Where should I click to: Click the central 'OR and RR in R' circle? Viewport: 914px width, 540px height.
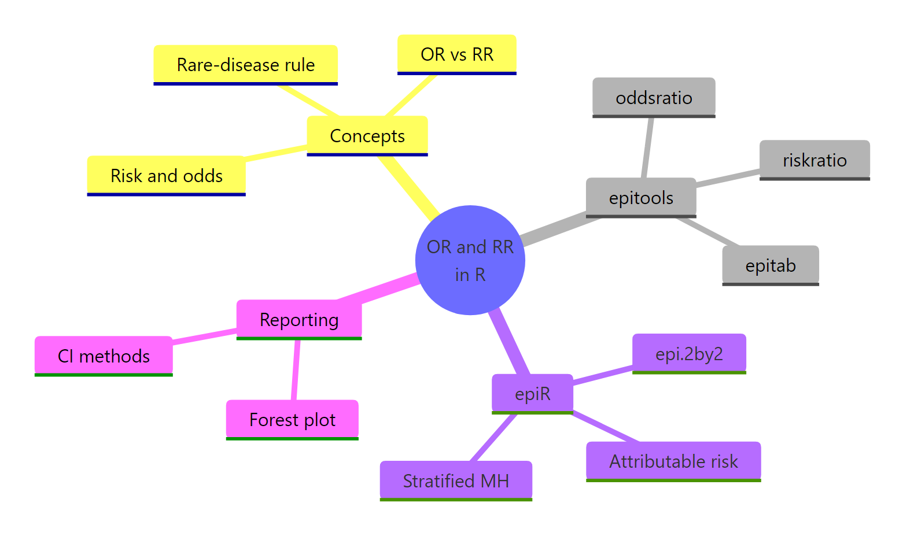click(x=470, y=260)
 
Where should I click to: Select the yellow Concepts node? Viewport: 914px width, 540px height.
click(x=367, y=136)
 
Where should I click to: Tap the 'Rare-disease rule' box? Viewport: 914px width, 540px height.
click(x=245, y=65)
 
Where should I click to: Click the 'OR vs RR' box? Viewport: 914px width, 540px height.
click(x=456, y=54)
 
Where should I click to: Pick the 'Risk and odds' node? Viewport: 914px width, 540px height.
click(x=166, y=176)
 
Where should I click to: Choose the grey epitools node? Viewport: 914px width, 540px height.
click(x=640, y=198)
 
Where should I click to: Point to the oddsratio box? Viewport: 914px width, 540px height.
click(x=654, y=98)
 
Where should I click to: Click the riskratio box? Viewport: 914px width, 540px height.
click(x=814, y=160)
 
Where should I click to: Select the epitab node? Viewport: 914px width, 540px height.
click(x=770, y=265)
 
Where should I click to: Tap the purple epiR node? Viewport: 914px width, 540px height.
click(x=532, y=394)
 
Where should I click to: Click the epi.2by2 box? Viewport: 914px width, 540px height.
click(x=689, y=353)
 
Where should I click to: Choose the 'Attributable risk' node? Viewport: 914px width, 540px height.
click(x=673, y=461)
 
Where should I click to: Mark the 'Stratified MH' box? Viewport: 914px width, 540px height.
click(x=456, y=480)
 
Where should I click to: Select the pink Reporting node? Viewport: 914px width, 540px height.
click(x=299, y=319)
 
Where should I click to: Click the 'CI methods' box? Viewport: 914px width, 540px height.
click(x=104, y=356)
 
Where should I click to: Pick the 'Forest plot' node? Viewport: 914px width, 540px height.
click(x=292, y=419)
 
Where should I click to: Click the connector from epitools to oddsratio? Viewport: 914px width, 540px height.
click(x=647, y=148)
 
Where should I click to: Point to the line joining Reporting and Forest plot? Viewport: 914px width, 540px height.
click(x=296, y=370)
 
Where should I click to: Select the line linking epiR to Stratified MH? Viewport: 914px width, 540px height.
click(x=493, y=437)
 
